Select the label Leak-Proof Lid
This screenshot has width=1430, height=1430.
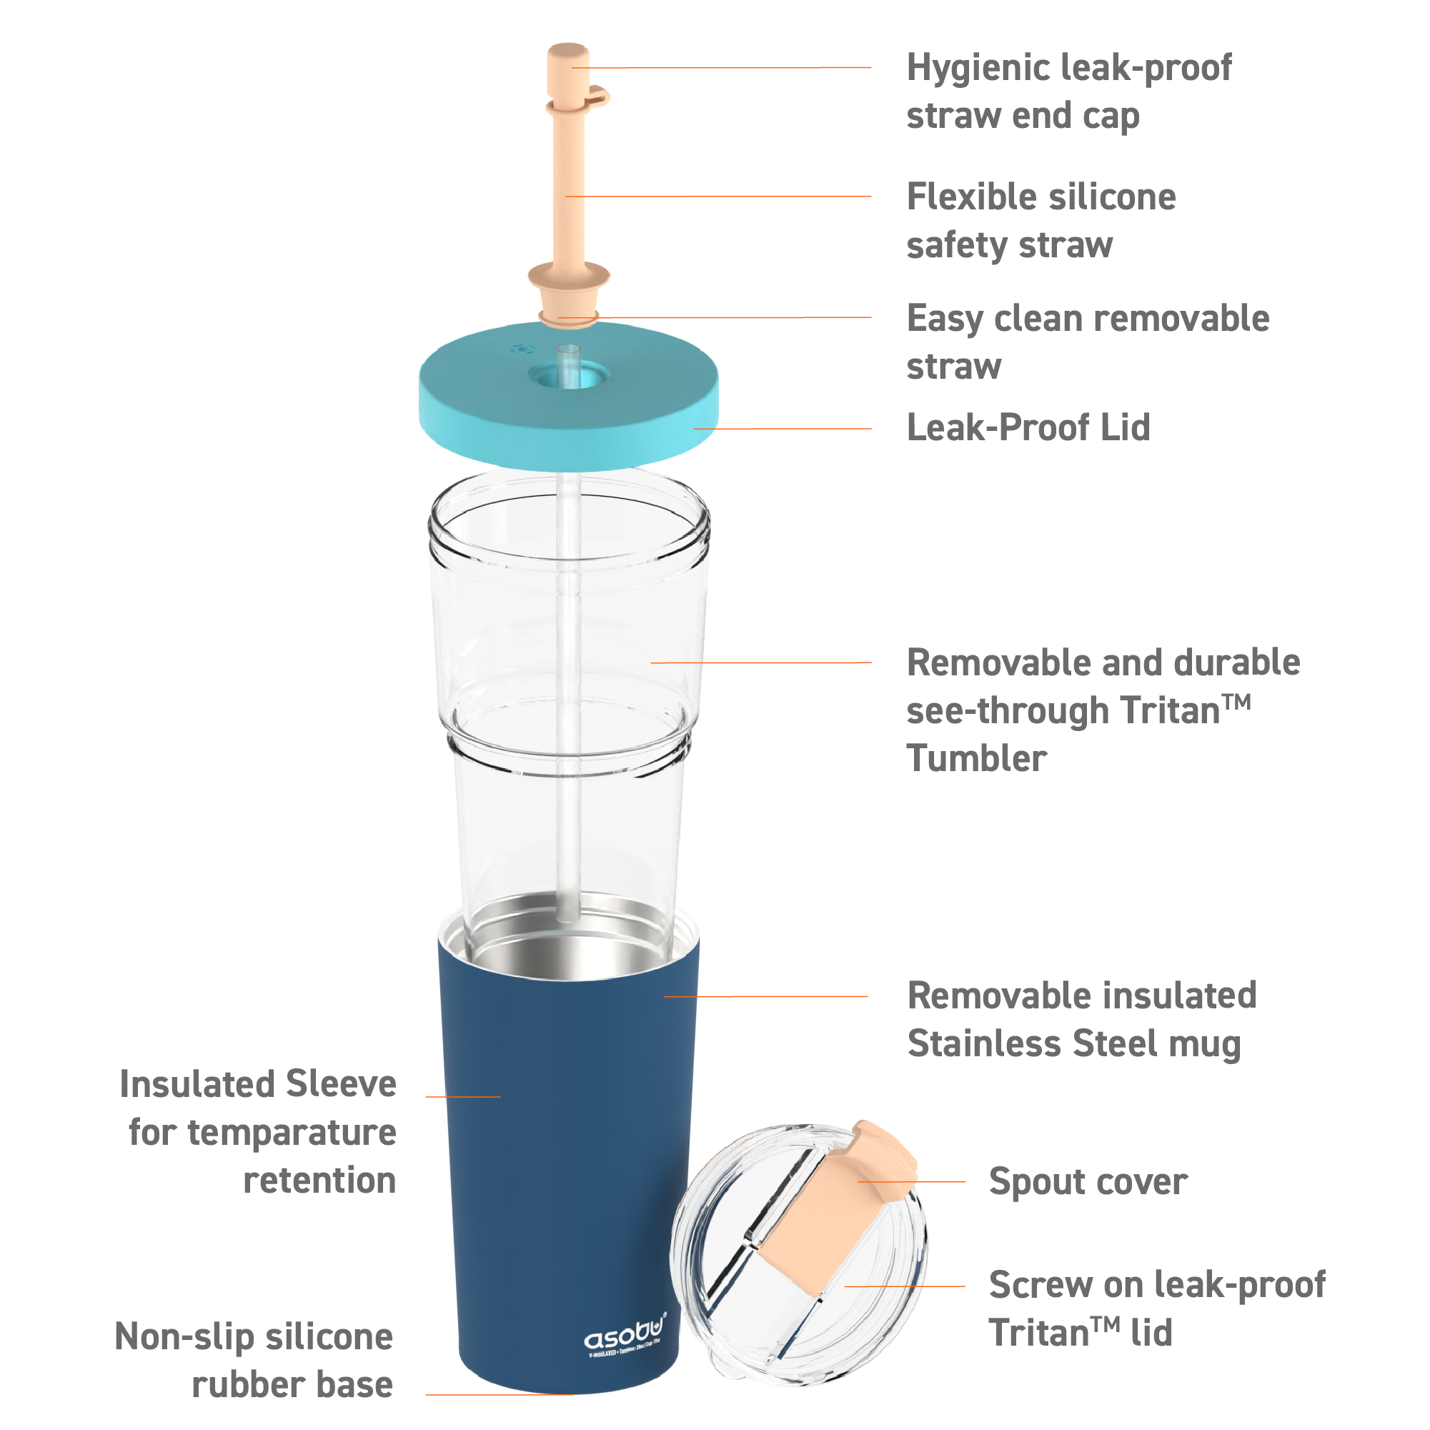tap(1028, 428)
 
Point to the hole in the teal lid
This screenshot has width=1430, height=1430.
tap(568, 374)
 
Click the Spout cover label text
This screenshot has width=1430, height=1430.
tap(1087, 1182)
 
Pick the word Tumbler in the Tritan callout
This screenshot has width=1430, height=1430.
tap(976, 759)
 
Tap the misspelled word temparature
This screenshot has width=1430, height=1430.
tap(292, 1133)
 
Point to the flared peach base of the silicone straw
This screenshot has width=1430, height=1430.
tap(568, 277)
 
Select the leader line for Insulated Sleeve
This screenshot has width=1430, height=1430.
tap(462, 1097)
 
